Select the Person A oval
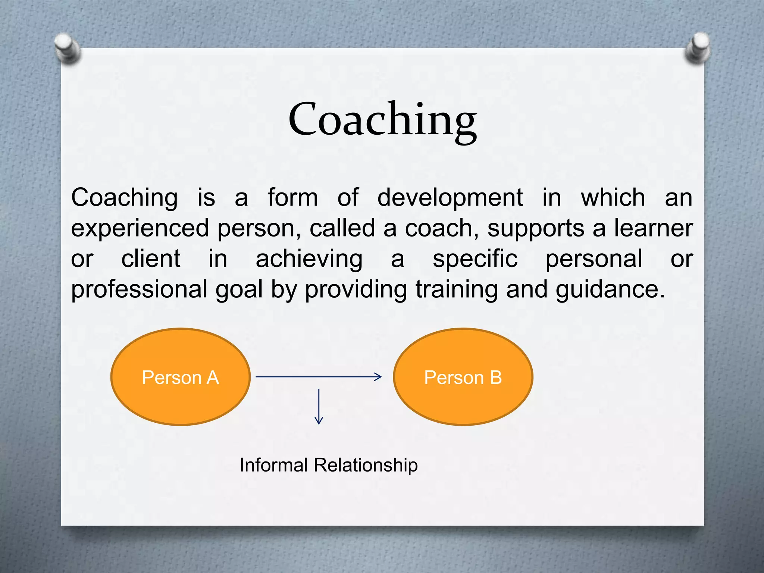(180, 377)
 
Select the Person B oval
(463, 377)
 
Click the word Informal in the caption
(273, 465)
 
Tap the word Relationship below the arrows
(365, 465)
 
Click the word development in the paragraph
(450, 197)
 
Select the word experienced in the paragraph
(140, 228)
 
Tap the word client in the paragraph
(151, 259)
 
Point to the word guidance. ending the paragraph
(610, 290)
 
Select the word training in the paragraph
(457, 290)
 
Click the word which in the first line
(613, 197)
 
